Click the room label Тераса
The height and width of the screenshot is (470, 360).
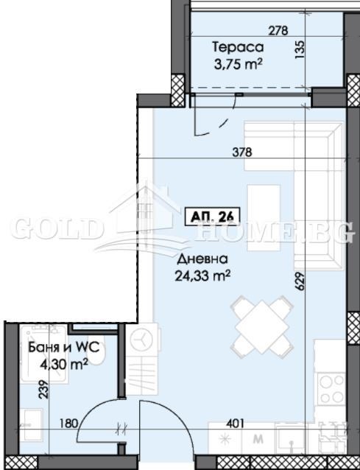click(238, 47)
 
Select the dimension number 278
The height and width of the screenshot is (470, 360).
click(278, 31)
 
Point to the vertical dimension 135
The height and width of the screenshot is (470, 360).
click(300, 49)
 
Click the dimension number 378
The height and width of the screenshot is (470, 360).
click(242, 152)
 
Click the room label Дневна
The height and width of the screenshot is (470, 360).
click(202, 259)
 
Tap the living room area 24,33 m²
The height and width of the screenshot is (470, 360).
click(202, 276)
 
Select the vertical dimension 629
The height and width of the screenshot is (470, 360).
click(300, 281)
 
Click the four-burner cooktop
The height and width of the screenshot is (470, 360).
click(331, 388)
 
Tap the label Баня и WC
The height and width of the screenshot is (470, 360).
click(63, 348)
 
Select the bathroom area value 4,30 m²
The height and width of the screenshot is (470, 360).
click(64, 365)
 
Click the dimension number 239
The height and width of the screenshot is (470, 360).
click(43, 389)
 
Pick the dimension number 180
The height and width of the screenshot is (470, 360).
click(68, 424)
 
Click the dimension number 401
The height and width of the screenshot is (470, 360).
click(235, 424)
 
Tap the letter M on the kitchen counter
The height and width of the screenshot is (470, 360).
click(258, 439)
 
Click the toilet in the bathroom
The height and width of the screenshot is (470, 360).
click(96, 354)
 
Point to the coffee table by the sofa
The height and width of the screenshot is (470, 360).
click(264, 218)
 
